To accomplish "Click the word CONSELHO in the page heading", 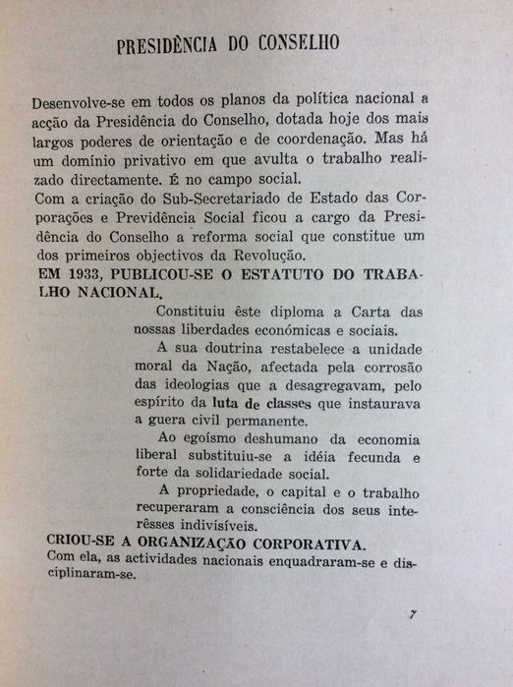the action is (294, 45).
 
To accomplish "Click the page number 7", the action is (414, 615).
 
